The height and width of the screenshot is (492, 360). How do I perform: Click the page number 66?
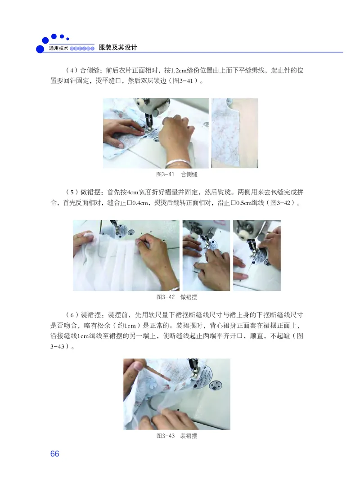coord(54,453)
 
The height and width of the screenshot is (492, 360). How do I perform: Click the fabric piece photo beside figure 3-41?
coord(234,134)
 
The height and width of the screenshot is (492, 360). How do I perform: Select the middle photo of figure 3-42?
coord(206,255)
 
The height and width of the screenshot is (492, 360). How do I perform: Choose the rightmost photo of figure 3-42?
coord(256,255)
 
